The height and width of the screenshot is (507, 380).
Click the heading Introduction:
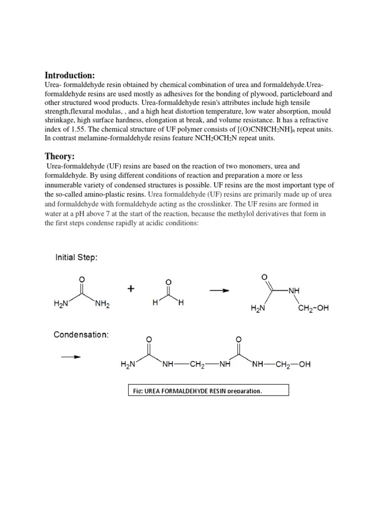pos(70,75)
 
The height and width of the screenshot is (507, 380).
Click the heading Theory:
pos(60,156)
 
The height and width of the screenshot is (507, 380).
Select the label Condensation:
pos(81,335)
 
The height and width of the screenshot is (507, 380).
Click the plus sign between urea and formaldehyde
pos(131,290)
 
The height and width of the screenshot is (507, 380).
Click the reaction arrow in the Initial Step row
pos(220,291)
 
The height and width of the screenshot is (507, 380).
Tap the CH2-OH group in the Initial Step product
pos(313,309)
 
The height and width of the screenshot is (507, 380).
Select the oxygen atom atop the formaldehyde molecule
pos(168,282)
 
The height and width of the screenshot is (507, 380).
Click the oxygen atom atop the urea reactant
pos(82,279)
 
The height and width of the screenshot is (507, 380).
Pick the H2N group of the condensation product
pos(128,365)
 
